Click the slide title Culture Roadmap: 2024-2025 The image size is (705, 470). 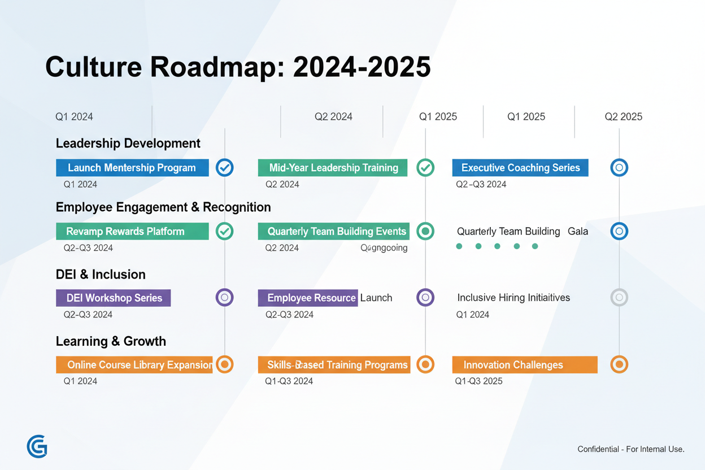237,67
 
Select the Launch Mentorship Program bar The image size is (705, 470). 132,168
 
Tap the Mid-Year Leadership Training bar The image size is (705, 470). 332,168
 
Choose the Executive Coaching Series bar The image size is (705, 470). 520,168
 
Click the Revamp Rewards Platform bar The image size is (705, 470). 132,232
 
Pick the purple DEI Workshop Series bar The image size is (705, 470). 114,298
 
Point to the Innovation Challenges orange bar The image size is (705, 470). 524,365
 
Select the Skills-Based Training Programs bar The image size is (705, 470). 334,365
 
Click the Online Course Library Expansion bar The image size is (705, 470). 134,365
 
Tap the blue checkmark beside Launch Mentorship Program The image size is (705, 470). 225,168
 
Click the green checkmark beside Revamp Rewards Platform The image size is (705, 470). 225,231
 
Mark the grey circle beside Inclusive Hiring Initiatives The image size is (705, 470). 619,297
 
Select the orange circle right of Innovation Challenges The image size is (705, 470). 619,364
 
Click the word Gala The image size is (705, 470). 578,232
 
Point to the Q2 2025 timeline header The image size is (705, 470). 623,117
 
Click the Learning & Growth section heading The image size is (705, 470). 111,341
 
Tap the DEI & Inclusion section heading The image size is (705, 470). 101,275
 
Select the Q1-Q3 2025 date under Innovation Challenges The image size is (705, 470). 478,381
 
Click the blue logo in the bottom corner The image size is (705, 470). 37,447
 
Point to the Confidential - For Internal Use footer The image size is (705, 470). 630,449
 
